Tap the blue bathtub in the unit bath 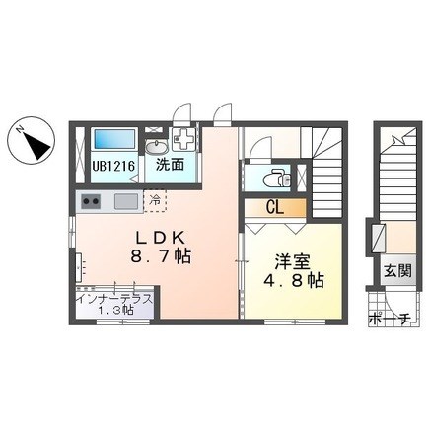pos(114,139)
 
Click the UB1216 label pos(113,166)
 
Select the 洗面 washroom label pos(170,165)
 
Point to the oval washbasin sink pos(156,147)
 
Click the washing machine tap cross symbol pos(182,139)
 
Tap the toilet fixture pos(277,179)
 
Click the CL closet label pos(275,208)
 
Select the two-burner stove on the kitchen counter pos(91,201)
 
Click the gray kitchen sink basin pos(126,201)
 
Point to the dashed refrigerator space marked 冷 pos(155,201)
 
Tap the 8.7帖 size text pos(161,255)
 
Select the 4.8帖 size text pos(294,281)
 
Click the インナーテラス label pos(114,300)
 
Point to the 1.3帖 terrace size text pos(115,310)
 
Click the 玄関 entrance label pos(398,271)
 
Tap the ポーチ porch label pos(390,319)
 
